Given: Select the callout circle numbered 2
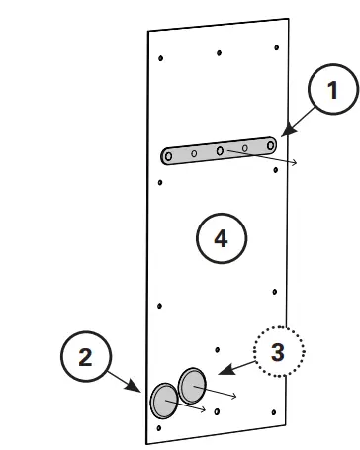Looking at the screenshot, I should click(86, 357).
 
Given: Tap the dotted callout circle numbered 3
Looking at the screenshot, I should click(278, 351).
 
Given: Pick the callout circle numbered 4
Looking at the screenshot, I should click(221, 238).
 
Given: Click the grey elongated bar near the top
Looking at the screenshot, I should click(219, 151).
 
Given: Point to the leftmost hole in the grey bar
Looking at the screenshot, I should click(171, 156).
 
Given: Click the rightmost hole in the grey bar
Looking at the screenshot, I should click(268, 145).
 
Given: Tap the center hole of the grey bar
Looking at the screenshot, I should click(220, 151).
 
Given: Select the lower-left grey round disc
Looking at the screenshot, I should click(164, 401).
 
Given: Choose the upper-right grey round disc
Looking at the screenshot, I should click(192, 381).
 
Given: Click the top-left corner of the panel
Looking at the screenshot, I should click(148, 32).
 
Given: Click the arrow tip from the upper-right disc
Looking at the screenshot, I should click(237, 395).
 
